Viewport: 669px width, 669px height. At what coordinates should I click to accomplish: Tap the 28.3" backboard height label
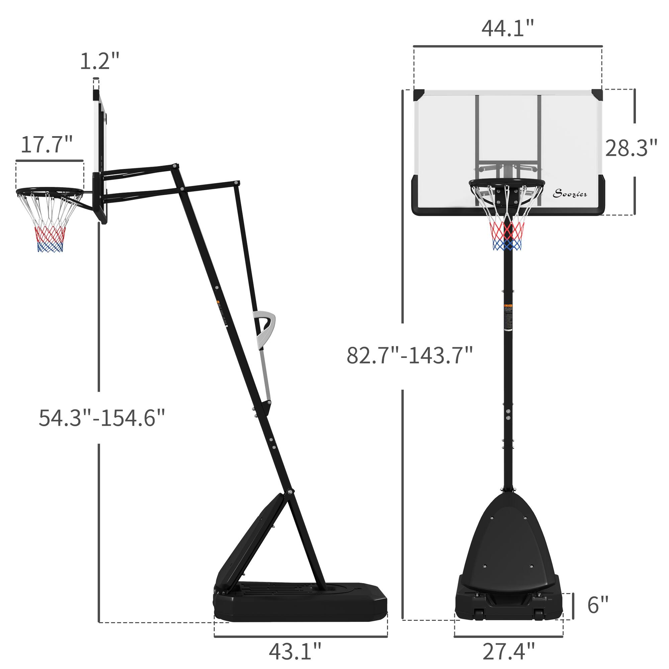pos(631,148)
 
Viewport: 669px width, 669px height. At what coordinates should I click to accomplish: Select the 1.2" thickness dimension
pos(99,61)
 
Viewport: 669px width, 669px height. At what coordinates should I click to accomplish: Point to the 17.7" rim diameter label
pos(47,145)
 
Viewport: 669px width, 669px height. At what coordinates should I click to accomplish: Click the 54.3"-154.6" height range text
pos(101,418)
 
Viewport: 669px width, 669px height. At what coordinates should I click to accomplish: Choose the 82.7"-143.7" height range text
pos(410,355)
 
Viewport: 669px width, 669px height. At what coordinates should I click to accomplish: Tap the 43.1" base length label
pos(295,651)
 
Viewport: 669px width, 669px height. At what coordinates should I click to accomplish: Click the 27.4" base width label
pos(508,651)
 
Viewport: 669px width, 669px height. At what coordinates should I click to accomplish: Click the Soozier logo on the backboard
pos(570,194)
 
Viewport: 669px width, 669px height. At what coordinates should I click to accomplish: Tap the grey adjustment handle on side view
pos(265,329)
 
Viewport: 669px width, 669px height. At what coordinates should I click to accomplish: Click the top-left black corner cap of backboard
pos(419,94)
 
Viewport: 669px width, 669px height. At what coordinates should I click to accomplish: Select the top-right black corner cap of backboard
pos(597,94)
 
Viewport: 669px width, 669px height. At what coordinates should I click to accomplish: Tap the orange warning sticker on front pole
pos(508,305)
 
